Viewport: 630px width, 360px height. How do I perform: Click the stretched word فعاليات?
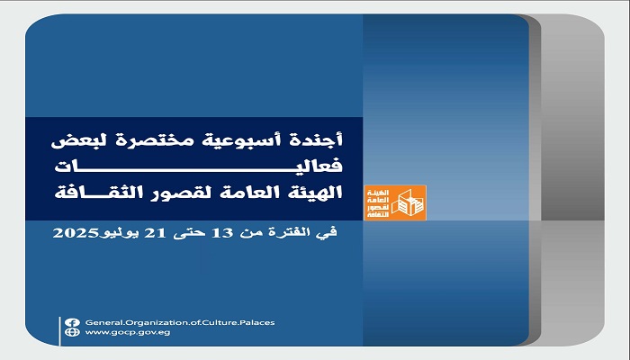click(199, 166)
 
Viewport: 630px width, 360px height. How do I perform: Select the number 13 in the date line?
click(222, 233)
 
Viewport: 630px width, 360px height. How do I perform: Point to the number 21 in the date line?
click(155, 233)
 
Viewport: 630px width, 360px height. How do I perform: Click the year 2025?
click(76, 233)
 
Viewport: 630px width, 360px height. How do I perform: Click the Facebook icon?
click(72, 322)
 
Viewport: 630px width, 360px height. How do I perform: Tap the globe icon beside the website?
click(72, 332)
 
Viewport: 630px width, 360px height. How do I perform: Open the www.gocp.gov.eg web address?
click(128, 332)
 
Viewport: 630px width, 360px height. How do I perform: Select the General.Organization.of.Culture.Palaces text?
click(180, 322)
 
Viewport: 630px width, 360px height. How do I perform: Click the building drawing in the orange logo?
click(407, 202)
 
